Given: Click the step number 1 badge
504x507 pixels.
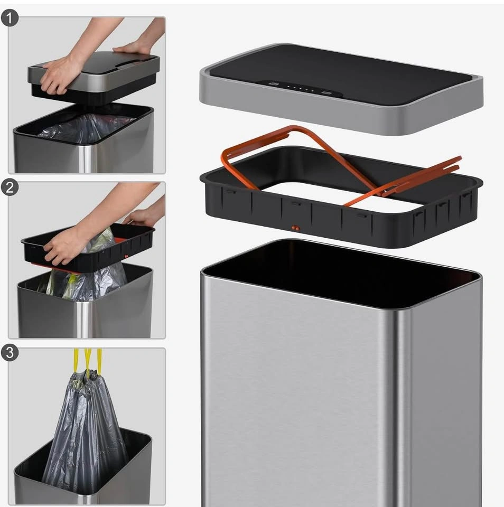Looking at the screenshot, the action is pos(10,18).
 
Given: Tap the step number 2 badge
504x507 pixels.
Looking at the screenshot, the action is pos(10,187).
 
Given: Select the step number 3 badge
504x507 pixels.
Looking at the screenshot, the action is pos(10,352).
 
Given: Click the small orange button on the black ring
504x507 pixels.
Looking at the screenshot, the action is pos(296,228).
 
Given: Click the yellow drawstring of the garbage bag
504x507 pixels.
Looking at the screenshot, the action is pos(87,360).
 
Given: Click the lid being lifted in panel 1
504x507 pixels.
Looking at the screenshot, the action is pos(94,78).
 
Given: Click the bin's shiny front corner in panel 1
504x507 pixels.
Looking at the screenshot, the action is pos(87,158).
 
